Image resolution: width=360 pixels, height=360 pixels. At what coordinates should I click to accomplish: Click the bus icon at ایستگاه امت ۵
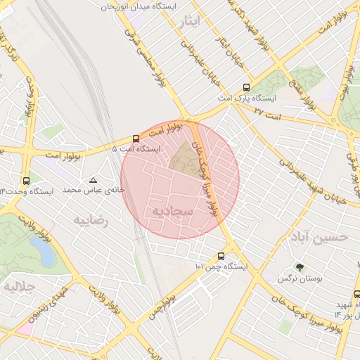click(x=136, y=139)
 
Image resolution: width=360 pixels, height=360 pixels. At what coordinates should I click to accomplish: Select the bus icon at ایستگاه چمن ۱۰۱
click(x=221, y=256)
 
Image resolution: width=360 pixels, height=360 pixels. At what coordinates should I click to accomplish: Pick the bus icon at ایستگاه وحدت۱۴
click(x=27, y=181)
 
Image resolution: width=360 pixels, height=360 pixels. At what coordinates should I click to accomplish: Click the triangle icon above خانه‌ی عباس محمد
click(x=93, y=180)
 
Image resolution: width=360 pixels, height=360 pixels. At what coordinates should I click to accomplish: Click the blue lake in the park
click(x=43, y=250)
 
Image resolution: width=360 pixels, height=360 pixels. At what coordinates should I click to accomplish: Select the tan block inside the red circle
click(x=186, y=159)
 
